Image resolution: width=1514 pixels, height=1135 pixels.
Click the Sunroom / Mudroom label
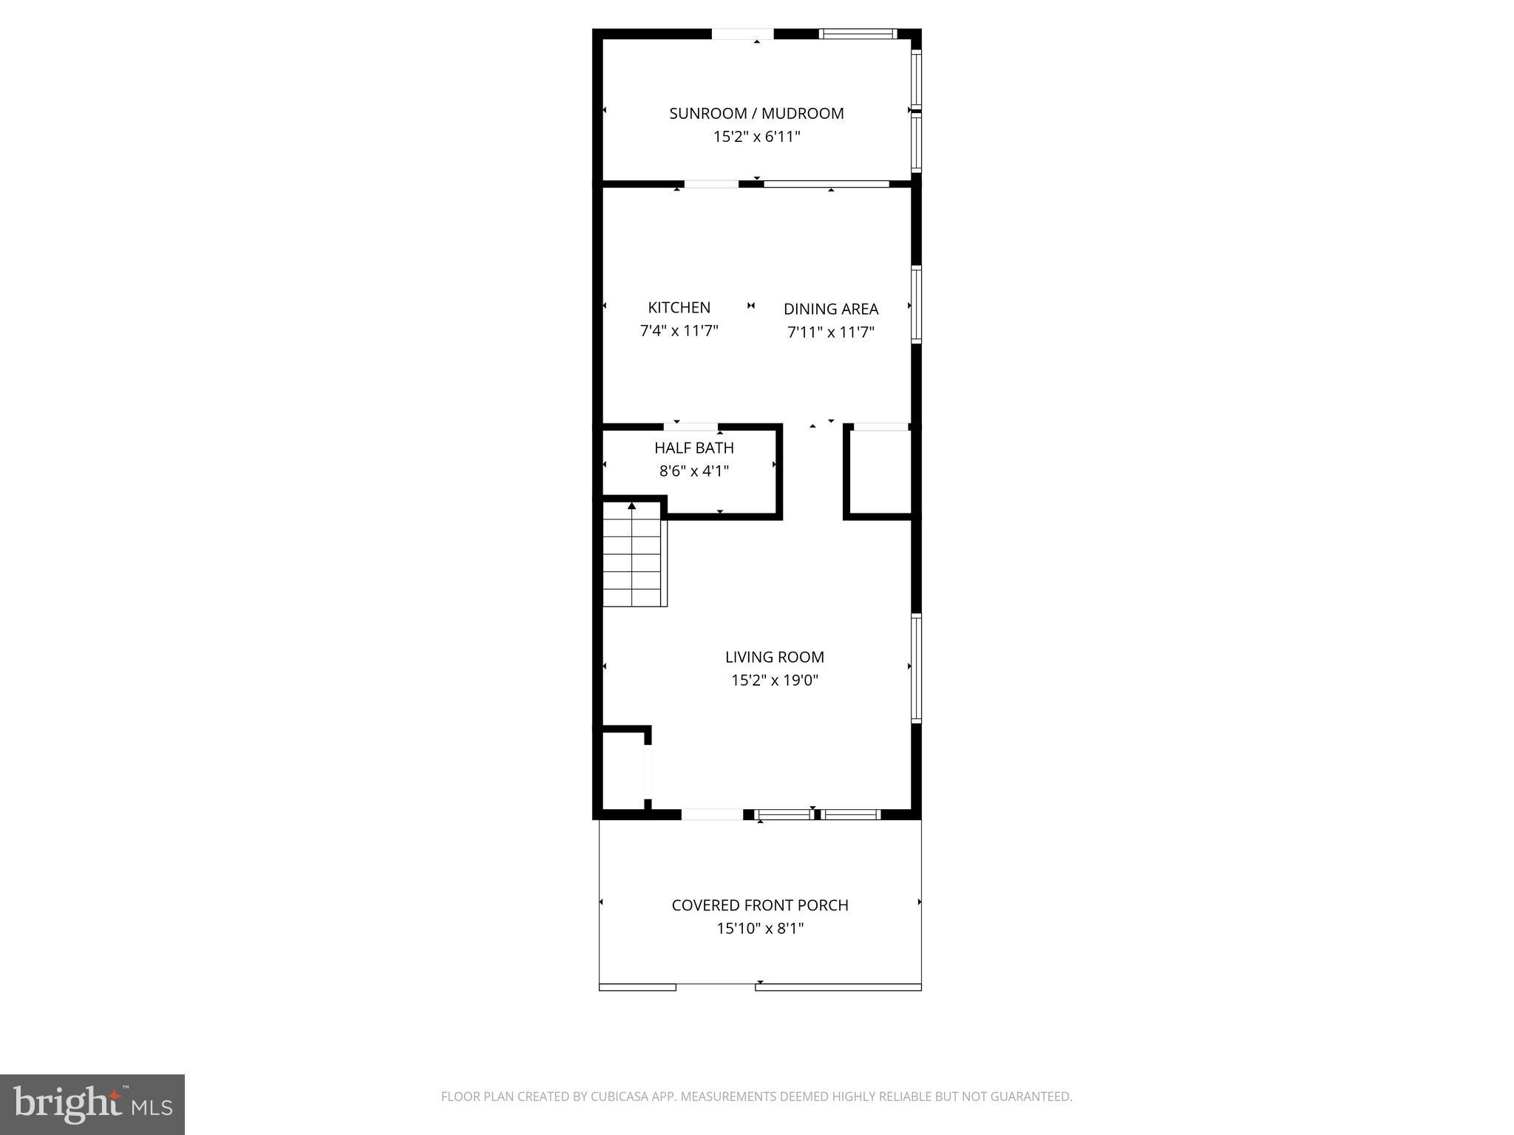point(756,114)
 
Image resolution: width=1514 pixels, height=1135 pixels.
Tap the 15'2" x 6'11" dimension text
point(756,137)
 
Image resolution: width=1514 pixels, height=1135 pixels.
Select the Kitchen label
point(679,307)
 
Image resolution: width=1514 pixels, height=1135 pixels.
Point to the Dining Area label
point(831,309)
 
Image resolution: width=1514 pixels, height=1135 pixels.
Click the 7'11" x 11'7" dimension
point(831,333)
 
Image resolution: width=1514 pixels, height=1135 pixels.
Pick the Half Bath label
point(693,448)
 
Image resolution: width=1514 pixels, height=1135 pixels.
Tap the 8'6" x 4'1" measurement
point(693,471)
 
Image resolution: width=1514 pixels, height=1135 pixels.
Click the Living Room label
point(774,657)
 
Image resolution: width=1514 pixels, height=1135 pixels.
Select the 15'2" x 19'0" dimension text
point(774,680)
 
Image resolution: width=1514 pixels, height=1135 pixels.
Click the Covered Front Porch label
point(759,905)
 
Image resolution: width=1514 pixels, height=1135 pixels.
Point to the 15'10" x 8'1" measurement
point(759,928)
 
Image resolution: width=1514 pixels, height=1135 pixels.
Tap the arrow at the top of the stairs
point(632,507)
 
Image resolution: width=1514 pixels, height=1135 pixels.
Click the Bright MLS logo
point(92,1105)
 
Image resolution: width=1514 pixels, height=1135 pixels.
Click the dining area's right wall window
point(917,304)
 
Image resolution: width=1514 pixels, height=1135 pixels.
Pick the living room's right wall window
point(917,668)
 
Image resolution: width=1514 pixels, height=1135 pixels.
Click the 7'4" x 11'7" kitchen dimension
point(679,331)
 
